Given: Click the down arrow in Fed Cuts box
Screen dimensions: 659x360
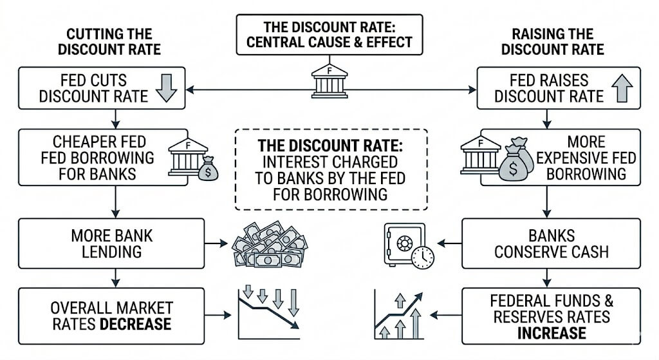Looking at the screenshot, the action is click(167, 88).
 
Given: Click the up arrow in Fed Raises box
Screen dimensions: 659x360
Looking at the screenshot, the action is click(622, 88).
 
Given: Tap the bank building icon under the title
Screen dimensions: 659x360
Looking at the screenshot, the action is click(329, 81).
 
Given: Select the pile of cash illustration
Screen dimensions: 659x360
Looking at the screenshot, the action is click(270, 244).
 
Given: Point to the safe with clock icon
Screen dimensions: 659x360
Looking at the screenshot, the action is click(409, 246).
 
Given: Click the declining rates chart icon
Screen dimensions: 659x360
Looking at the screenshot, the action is click(269, 314).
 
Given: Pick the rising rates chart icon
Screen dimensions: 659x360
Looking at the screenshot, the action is click(398, 314).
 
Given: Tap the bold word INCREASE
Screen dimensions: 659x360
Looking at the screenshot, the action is click(552, 333).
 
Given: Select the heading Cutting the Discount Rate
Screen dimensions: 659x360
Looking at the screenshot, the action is click(109, 42).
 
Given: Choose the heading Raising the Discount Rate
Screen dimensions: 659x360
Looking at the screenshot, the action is click(553, 42).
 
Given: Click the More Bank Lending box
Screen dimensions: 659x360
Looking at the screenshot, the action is click(111, 243).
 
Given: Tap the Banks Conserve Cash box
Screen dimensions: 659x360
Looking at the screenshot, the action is click(551, 243).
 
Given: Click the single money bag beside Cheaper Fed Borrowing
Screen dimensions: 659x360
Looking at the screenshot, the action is click(208, 168).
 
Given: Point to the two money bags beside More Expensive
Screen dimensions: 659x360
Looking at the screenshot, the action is click(516, 160).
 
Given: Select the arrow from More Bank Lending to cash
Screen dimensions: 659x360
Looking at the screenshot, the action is click(216, 243).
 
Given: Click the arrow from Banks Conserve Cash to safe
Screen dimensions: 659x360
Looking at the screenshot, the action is click(450, 243).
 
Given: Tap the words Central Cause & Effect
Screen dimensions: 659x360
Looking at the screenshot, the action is click(329, 43).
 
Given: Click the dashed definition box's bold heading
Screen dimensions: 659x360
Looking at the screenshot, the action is click(330, 146).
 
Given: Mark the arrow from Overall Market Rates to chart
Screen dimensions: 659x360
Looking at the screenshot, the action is click(218, 315).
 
